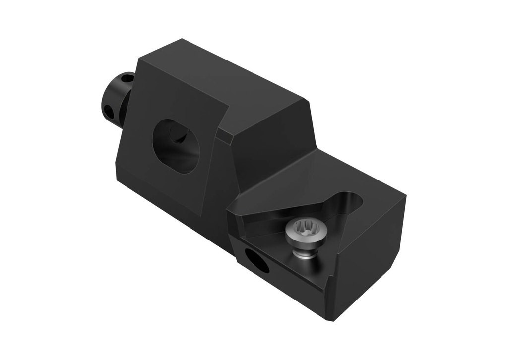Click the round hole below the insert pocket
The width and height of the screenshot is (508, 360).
[x=256, y=261]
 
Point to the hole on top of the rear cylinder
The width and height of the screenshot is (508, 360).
[x=127, y=78]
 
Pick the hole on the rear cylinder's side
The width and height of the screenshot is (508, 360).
[x=109, y=111]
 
